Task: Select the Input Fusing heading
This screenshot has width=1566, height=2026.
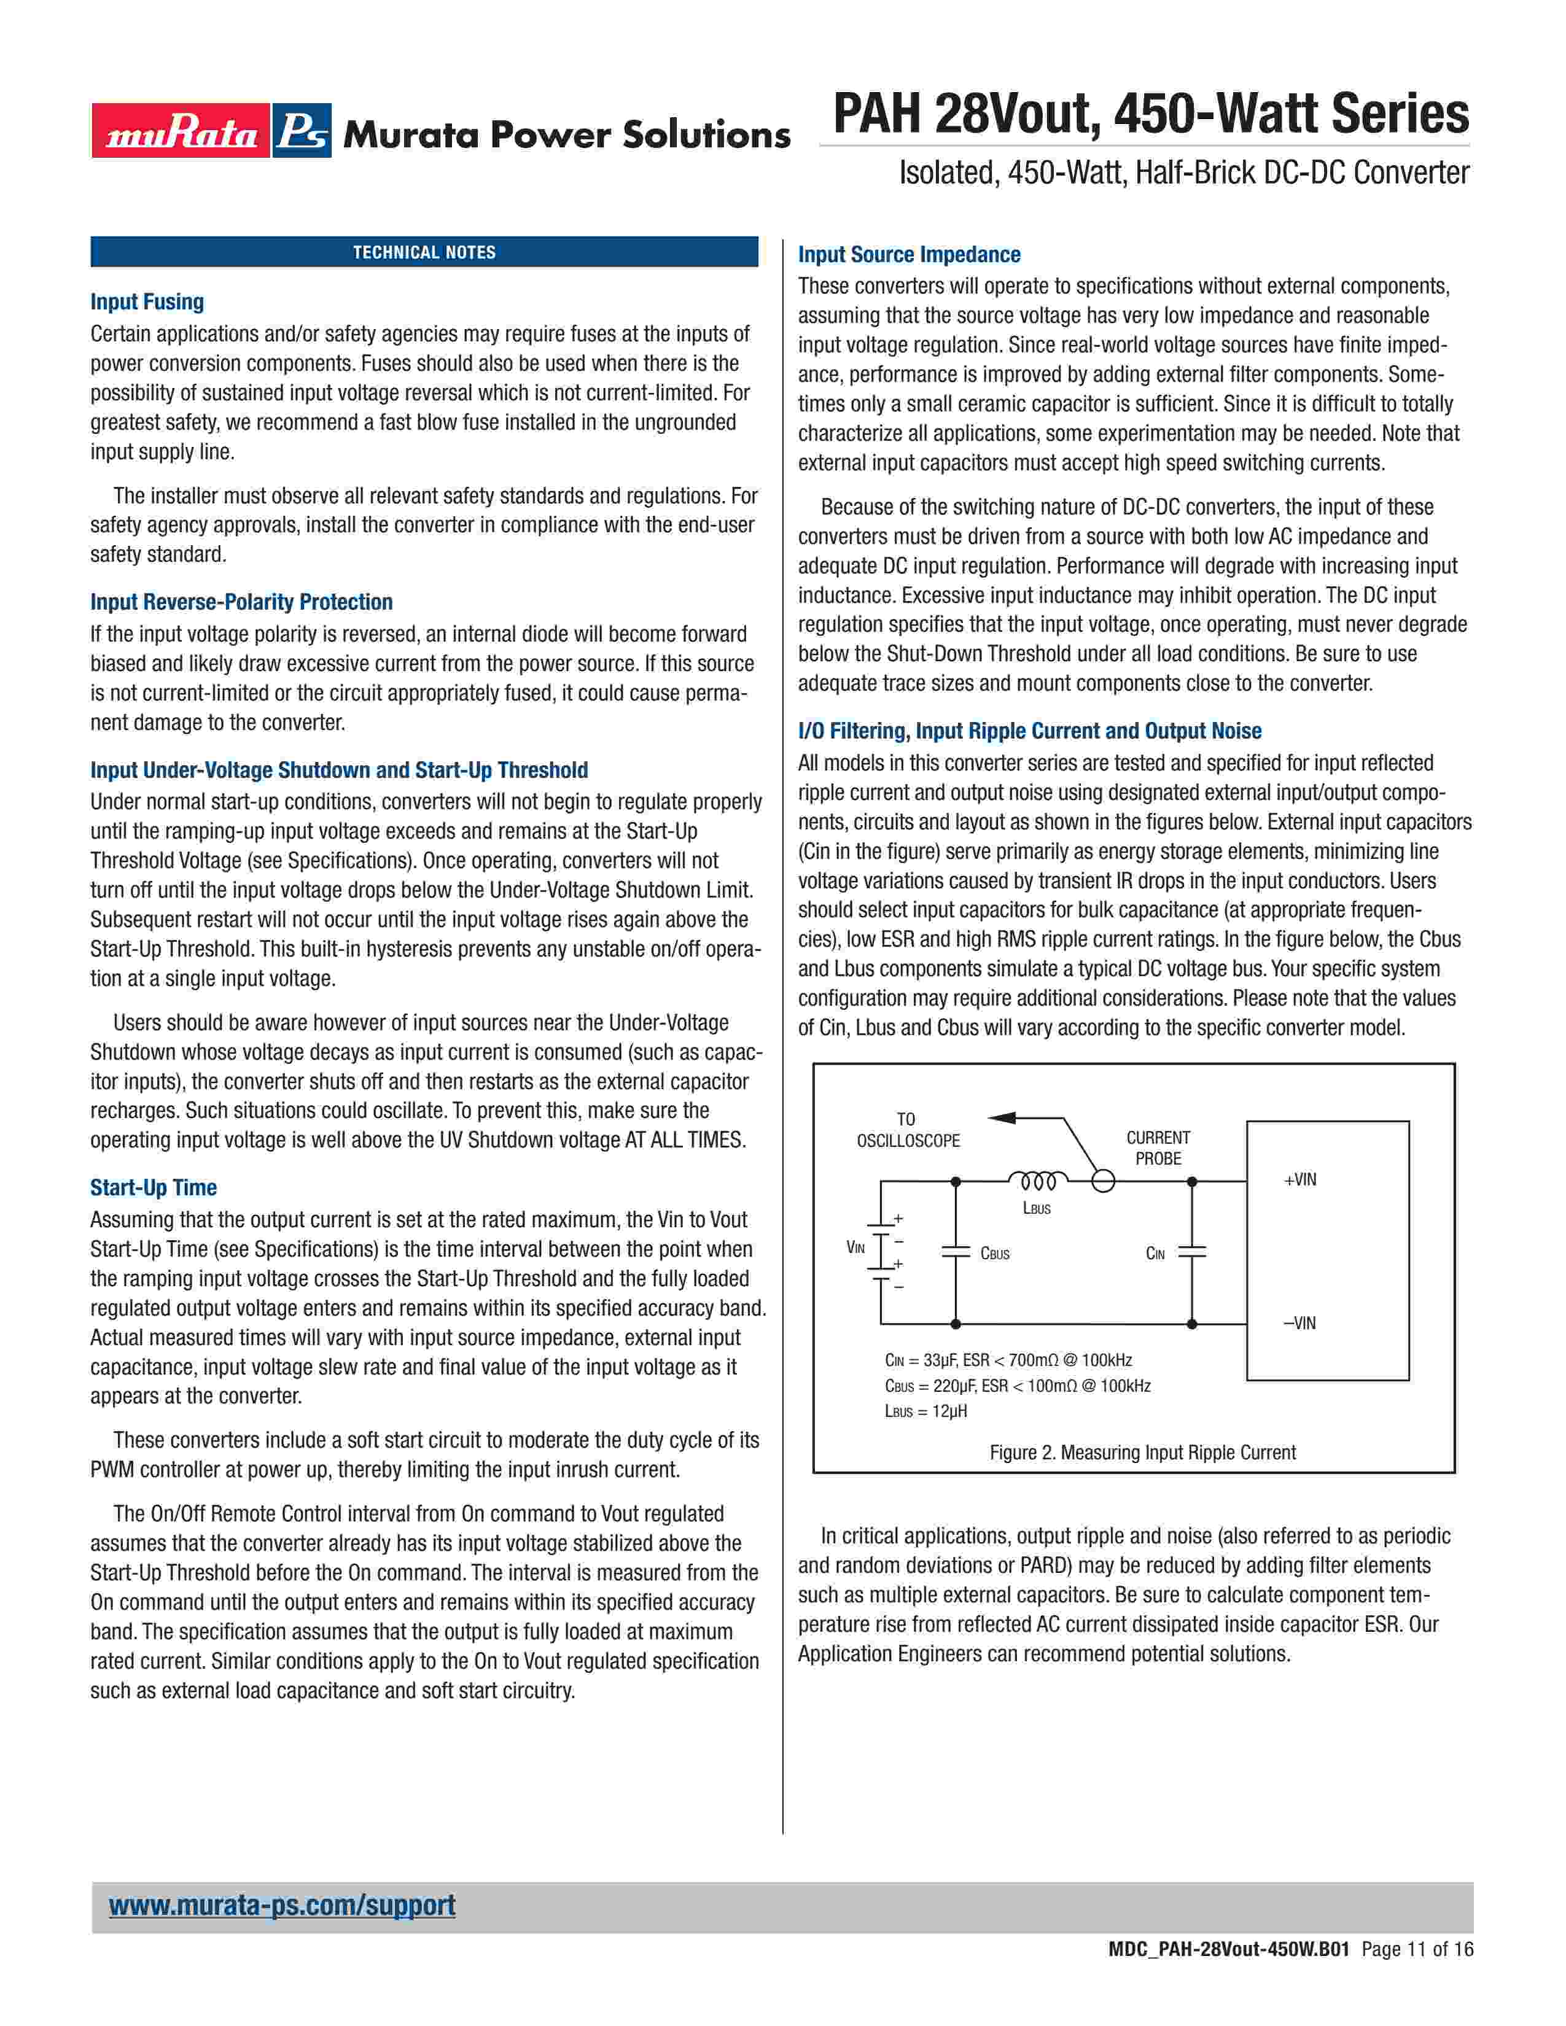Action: pos(147,301)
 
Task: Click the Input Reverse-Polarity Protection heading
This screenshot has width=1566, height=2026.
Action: pos(241,602)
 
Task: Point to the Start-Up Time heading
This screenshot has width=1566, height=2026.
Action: pos(153,1187)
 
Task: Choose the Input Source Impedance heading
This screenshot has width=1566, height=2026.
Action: pos(909,254)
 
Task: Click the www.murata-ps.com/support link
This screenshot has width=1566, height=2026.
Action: pos(282,1904)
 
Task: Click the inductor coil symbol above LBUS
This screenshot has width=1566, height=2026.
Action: pos(1038,1181)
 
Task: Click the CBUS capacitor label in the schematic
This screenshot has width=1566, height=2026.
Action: pos(994,1253)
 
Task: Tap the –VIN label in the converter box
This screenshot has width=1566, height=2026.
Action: pos(1299,1323)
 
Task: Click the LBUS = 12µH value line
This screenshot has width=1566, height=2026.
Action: pos(926,1411)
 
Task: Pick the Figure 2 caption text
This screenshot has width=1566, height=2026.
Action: pos(1142,1453)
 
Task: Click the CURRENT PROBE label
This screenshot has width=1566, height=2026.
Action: pos(1158,1147)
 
